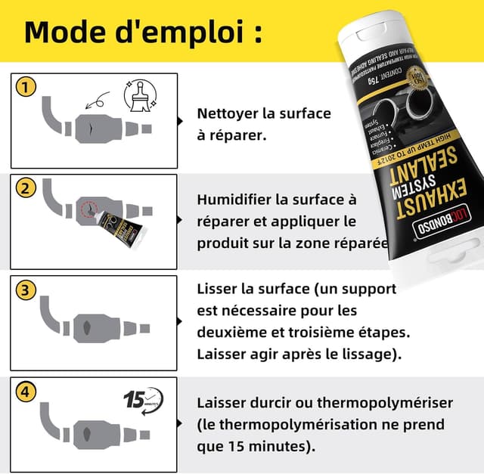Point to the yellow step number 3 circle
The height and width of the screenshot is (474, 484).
pyautogui.click(x=27, y=290)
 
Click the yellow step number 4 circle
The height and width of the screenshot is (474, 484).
pyautogui.click(x=27, y=392)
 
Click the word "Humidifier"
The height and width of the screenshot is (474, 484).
pyautogui.click(x=233, y=200)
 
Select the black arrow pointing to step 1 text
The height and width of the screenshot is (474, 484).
pyautogui.click(x=180, y=120)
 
